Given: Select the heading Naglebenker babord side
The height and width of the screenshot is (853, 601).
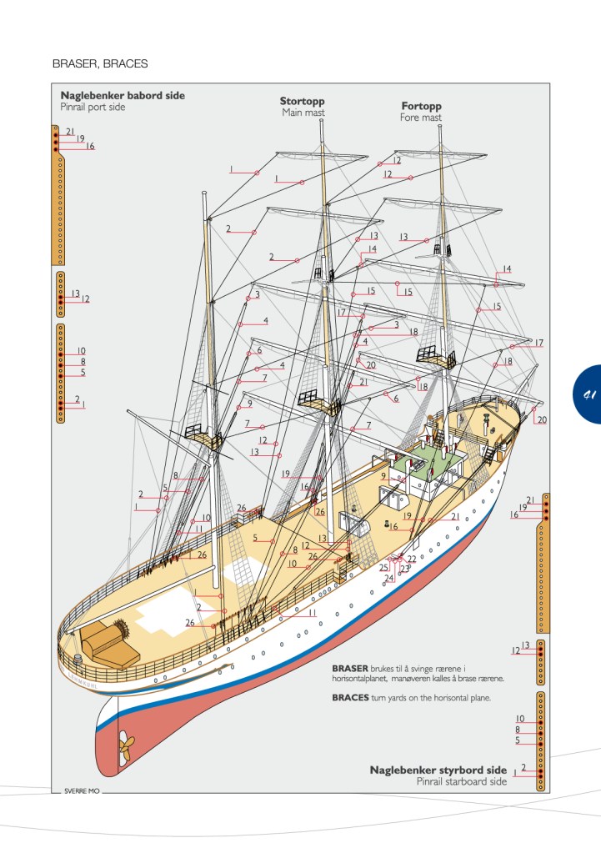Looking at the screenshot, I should click(123, 96).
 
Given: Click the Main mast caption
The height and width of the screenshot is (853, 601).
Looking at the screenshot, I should click(303, 113).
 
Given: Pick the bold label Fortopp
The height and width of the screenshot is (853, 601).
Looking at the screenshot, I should click(421, 107).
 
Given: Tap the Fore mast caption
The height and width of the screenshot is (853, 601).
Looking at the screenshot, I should click(421, 118).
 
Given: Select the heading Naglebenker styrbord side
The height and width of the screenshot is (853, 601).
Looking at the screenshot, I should click(438, 770).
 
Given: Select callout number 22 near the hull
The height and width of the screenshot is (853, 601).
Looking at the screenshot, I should click(412, 559).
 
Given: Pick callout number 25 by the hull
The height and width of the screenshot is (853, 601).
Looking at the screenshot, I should click(383, 568).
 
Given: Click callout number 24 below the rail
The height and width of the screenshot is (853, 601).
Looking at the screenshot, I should click(388, 578).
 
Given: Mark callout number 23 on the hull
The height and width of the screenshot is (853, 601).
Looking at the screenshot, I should click(405, 569).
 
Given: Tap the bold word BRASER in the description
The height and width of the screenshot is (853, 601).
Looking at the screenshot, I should click(350, 669).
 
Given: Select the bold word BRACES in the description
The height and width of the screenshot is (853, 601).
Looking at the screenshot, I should click(350, 697).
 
